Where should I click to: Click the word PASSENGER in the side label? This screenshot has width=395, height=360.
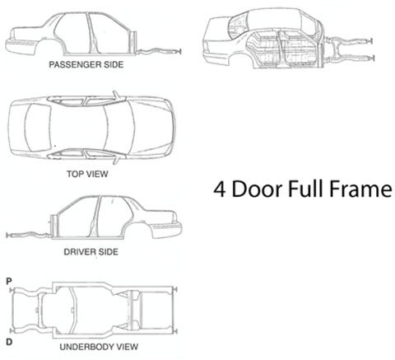pyautogui.click(x=72, y=64)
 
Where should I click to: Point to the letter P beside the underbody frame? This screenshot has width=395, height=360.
pyautogui.click(x=9, y=282)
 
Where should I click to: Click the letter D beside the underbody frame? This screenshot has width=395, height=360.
pyautogui.click(x=9, y=342)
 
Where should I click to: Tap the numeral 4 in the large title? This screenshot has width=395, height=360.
pyautogui.click(x=220, y=189)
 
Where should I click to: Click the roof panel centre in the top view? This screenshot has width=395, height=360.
pyautogui.click(x=78, y=128)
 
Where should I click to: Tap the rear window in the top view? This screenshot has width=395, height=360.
pyautogui.click(x=38, y=128)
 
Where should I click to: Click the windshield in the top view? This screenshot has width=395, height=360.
pyautogui.click(x=119, y=128)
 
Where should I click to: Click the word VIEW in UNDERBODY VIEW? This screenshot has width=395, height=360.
pyautogui.click(x=127, y=347)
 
